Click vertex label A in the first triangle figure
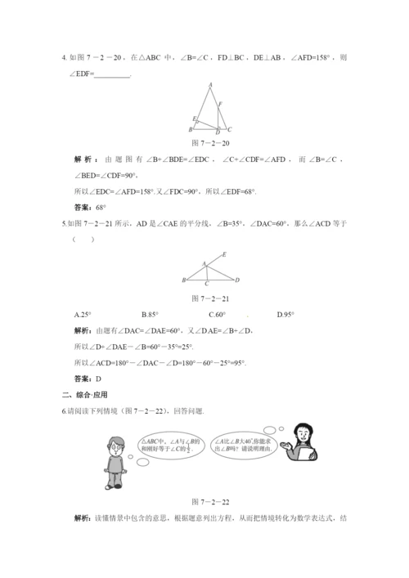tap(211, 84)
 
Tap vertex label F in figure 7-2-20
tap(220, 103)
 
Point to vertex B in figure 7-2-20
tap(191, 129)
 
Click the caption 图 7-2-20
tap(208, 141)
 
